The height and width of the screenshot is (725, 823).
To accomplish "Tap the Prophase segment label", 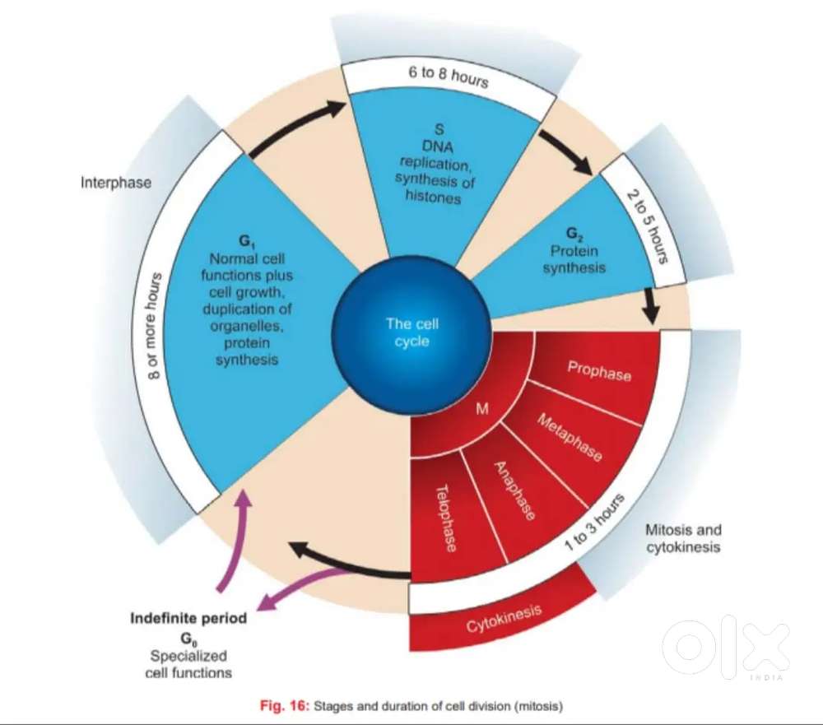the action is pyautogui.click(x=599, y=370).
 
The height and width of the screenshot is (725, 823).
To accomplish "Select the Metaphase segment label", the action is pyautogui.click(x=570, y=437).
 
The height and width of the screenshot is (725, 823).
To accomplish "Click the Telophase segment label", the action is pyautogui.click(x=446, y=518).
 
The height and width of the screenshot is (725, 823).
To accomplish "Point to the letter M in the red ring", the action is pyautogui.click(x=481, y=408).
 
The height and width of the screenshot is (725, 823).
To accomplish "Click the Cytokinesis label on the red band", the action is pyautogui.click(x=504, y=618).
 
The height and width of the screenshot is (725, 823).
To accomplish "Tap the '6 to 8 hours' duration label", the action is pyautogui.click(x=449, y=77).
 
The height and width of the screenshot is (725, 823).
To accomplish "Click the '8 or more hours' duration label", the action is pyautogui.click(x=153, y=326).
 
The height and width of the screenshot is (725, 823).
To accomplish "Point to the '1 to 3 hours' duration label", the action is pyautogui.click(x=595, y=522).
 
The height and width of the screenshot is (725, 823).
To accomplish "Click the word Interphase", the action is pyautogui.click(x=116, y=183).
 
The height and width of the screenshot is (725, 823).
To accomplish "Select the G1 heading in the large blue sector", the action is pyautogui.click(x=246, y=241).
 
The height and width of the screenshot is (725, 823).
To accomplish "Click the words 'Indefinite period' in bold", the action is pyautogui.click(x=188, y=618).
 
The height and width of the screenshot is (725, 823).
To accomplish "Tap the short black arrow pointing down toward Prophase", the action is pyautogui.click(x=651, y=305).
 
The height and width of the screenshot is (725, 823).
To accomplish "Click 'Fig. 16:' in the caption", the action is pyautogui.click(x=285, y=706).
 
